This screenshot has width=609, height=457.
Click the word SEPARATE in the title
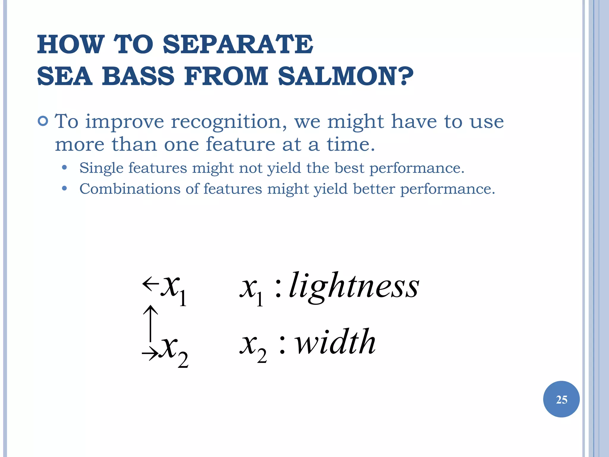tap(238, 45)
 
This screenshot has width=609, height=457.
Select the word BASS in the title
tap(138, 76)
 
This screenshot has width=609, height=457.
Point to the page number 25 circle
tap(561, 399)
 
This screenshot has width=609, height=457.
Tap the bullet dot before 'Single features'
tap(64, 168)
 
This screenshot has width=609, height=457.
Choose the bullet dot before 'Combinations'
tap(64, 189)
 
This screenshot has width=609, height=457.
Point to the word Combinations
tap(130, 189)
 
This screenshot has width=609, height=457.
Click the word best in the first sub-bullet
tap(349, 168)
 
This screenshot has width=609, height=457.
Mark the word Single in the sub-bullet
tap(101, 168)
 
